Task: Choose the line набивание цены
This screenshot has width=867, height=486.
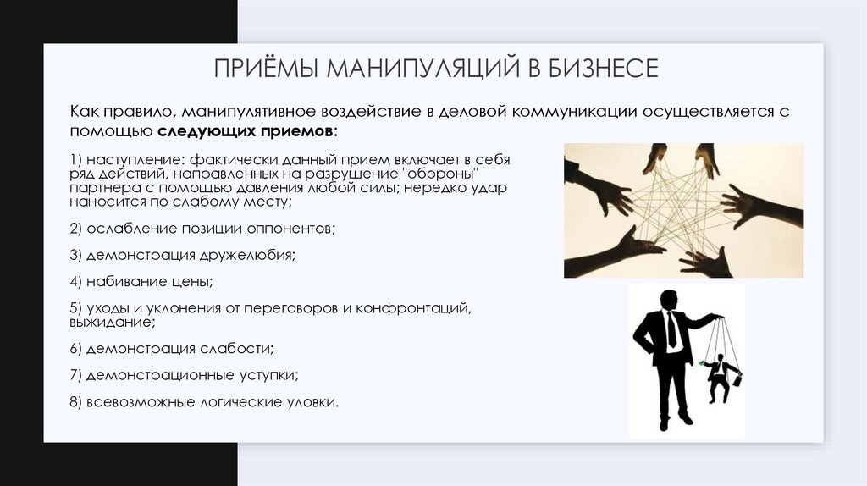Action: tap(141, 280)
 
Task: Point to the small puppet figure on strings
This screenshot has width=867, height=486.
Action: tap(719, 377)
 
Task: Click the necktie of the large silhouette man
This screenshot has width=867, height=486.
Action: tap(671, 331)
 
